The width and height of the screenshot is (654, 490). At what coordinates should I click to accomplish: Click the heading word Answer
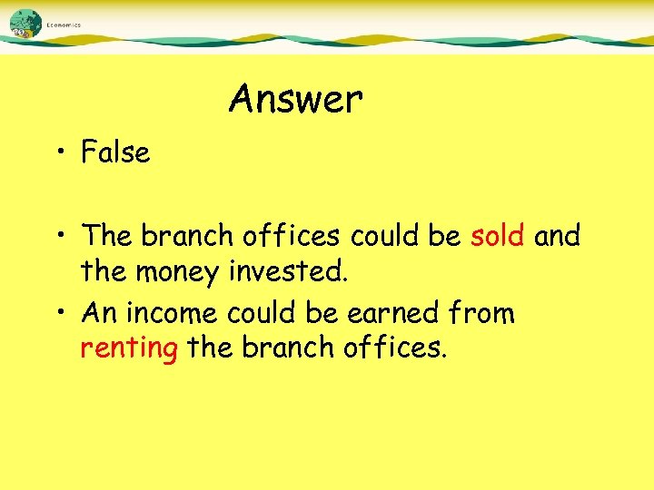[295, 99]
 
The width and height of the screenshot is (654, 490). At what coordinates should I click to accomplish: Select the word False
[115, 152]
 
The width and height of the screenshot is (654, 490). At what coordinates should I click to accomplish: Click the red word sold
[498, 236]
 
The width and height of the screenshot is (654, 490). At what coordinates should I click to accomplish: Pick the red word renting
[129, 348]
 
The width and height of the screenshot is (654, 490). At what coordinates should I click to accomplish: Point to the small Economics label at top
[64, 25]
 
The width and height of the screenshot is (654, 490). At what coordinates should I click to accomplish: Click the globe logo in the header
[25, 23]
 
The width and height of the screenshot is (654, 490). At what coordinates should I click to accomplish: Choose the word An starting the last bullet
[99, 314]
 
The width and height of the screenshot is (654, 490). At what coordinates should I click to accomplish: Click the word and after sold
[557, 236]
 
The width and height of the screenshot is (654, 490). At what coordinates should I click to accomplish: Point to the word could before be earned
[263, 314]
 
